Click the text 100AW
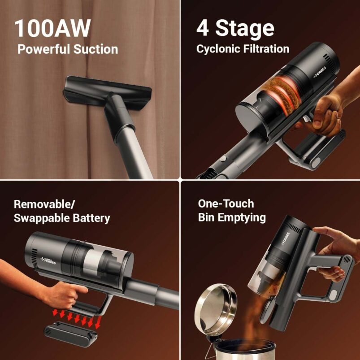pos(52,28)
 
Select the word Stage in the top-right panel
pos(245,29)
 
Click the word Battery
pos(91,218)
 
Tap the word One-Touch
pos(226,204)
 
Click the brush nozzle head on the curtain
pos(107,92)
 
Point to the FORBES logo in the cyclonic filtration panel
pos(320,72)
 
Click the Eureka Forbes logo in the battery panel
pos(48,260)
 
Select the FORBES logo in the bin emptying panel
pos(286,239)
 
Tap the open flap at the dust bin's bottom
pos(268,309)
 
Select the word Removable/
pos(44,204)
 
